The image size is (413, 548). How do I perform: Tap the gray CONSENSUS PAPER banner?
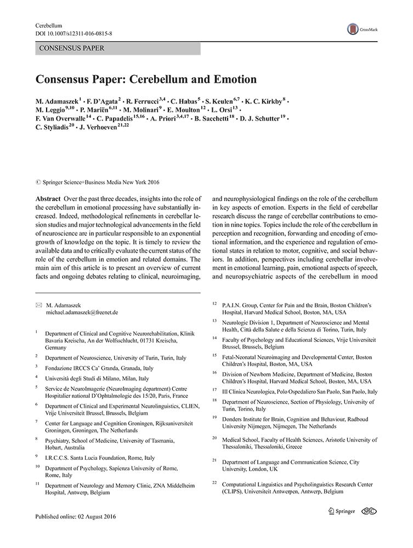(118, 48)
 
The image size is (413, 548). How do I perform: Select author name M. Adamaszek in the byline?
(58, 101)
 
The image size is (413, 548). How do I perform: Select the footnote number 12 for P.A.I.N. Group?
(214, 303)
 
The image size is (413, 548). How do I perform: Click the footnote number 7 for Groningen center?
(37, 421)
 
